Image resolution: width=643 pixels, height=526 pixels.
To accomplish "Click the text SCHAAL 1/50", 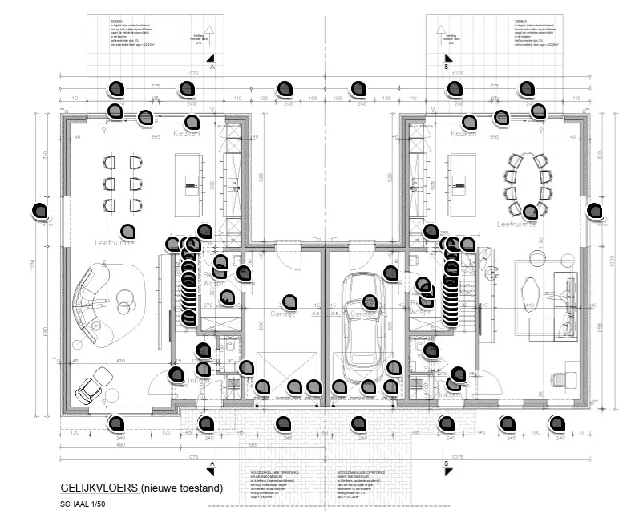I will [83, 504].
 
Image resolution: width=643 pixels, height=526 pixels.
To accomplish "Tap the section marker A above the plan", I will [212, 67].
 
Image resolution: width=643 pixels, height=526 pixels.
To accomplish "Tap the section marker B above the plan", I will [446, 67].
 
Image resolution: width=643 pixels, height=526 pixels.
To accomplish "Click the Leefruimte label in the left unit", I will [114, 240].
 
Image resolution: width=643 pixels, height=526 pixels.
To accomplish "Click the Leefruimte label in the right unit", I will [516, 224].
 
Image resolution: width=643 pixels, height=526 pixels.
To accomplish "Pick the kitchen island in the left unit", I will [191, 184].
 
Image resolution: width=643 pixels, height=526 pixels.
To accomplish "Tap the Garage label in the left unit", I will [285, 314].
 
